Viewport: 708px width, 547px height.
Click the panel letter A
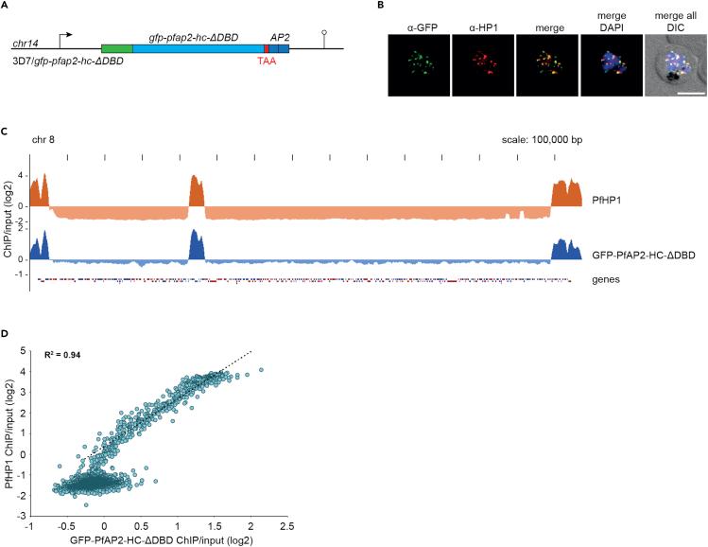click(x=7, y=8)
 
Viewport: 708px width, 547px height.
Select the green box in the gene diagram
click(x=117, y=48)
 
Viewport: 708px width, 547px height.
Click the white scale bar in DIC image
click(x=686, y=93)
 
